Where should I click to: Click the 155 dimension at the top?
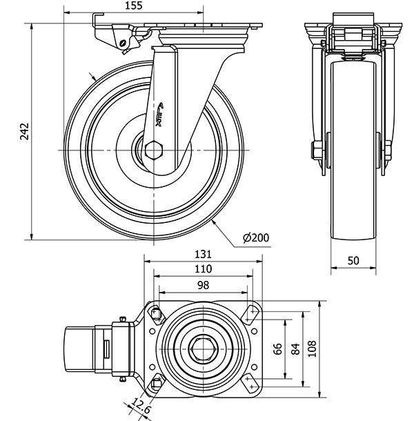(135, 6)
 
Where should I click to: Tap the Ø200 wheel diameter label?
(255, 239)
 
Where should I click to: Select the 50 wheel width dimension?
(353, 260)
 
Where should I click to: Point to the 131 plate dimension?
(204, 253)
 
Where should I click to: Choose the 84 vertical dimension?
(295, 348)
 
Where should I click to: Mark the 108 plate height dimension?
(313, 348)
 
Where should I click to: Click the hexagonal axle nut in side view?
(154, 150)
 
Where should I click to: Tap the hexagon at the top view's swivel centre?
(204, 349)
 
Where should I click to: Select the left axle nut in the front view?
(316, 150)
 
